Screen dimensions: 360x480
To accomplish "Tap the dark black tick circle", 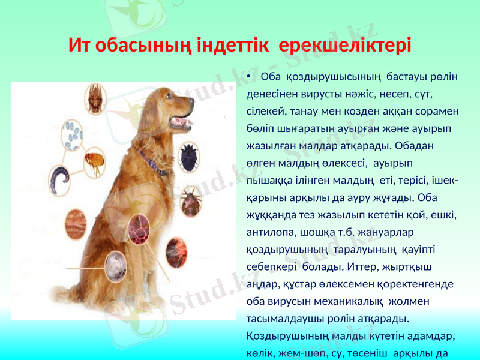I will click(x=190, y=152).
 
